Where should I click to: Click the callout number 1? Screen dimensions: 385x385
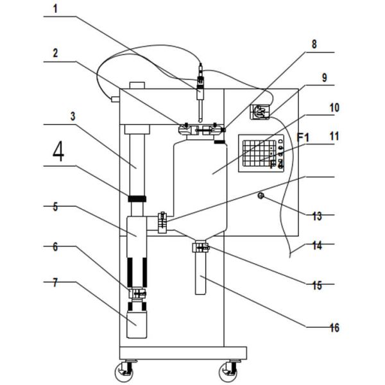[55, 9]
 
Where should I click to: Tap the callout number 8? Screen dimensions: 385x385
[314, 44]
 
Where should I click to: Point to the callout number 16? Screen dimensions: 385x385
[334, 328]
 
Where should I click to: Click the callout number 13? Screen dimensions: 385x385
[317, 216]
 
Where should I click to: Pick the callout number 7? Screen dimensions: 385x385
[55, 282]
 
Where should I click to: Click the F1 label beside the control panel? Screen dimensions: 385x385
[303, 137]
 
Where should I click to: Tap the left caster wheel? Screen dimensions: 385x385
[124, 372]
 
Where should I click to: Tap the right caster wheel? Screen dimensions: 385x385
[228, 372]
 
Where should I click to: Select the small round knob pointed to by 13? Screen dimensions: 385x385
[261, 196]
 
